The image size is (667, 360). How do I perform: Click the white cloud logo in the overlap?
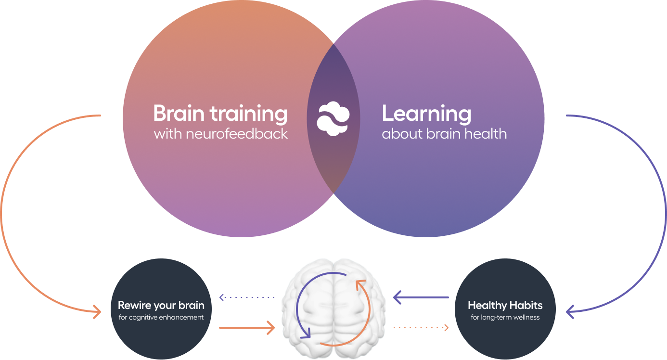pos(333,118)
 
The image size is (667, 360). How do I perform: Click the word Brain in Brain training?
pos(179,114)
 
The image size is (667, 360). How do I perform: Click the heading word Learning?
pos(426,114)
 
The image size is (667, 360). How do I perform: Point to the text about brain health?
pos(444,133)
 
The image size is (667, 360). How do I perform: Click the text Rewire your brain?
pos(161,305)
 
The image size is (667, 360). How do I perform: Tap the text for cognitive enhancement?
pos(161,317)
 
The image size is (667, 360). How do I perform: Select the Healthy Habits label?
pos(505,305)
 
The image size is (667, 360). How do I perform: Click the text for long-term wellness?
pos(505,317)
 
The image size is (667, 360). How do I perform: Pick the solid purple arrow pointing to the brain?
pos(421,297)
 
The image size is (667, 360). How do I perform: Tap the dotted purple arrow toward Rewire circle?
pos(246,297)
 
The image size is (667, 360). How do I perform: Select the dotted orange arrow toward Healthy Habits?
pos(421,328)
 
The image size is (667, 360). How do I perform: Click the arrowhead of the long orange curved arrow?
pos(97,312)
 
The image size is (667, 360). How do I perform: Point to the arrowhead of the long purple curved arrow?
pos(570,312)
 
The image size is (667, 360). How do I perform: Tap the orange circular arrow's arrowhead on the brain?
pos(359,284)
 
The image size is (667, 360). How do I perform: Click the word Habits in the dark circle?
pos(526,305)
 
